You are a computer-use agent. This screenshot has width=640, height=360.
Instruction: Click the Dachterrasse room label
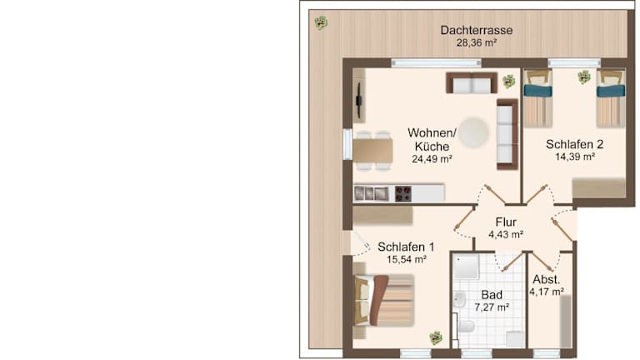[477, 30]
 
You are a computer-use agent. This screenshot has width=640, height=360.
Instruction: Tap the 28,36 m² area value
[477, 42]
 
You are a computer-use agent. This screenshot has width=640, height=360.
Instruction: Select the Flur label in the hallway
[506, 222]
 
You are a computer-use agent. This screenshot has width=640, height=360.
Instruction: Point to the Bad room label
[492, 295]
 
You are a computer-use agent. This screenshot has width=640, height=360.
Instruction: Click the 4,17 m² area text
[547, 292]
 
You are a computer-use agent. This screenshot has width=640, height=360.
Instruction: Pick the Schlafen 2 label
[574, 144]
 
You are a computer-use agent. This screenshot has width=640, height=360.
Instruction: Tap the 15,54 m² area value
[407, 259]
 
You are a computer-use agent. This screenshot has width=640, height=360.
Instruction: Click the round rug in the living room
[473, 132]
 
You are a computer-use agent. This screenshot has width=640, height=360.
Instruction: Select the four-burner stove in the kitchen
[402, 193]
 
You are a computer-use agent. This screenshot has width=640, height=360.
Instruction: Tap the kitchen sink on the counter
[371, 193]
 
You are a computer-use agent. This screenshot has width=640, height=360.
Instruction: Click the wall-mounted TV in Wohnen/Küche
[359, 100]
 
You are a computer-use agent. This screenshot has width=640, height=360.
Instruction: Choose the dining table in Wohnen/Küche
[372, 151]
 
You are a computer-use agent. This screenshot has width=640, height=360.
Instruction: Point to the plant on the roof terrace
[321, 22]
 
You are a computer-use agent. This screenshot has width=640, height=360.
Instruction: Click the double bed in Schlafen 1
[384, 300]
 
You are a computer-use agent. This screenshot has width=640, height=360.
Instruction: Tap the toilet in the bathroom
[466, 327]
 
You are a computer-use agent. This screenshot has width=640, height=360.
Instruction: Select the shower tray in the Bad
[466, 267]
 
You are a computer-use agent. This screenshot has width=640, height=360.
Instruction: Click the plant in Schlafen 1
[436, 338]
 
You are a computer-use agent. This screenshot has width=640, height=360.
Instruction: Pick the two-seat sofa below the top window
[472, 82]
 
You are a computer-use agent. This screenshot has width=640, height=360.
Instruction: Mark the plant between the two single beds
[584, 77]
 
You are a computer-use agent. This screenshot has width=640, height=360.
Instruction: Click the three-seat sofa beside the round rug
[507, 134]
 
